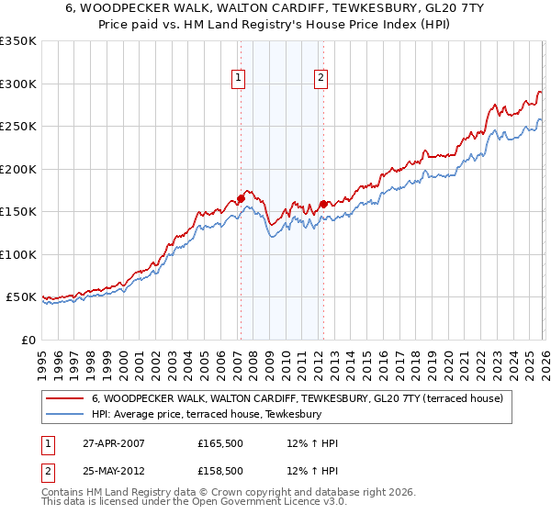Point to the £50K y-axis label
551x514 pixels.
(x=21, y=297)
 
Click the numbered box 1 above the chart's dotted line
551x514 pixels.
(x=238, y=78)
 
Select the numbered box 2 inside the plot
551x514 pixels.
(x=321, y=78)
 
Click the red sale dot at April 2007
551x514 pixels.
(x=241, y=197)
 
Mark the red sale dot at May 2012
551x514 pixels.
(x=323, y=204)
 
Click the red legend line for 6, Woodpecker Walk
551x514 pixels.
(x=63, y=399)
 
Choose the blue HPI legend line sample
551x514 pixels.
(x=63, y=415)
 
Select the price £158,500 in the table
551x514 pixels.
(x=219, y=471)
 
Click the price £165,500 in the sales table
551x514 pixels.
(x=219, y=443)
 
